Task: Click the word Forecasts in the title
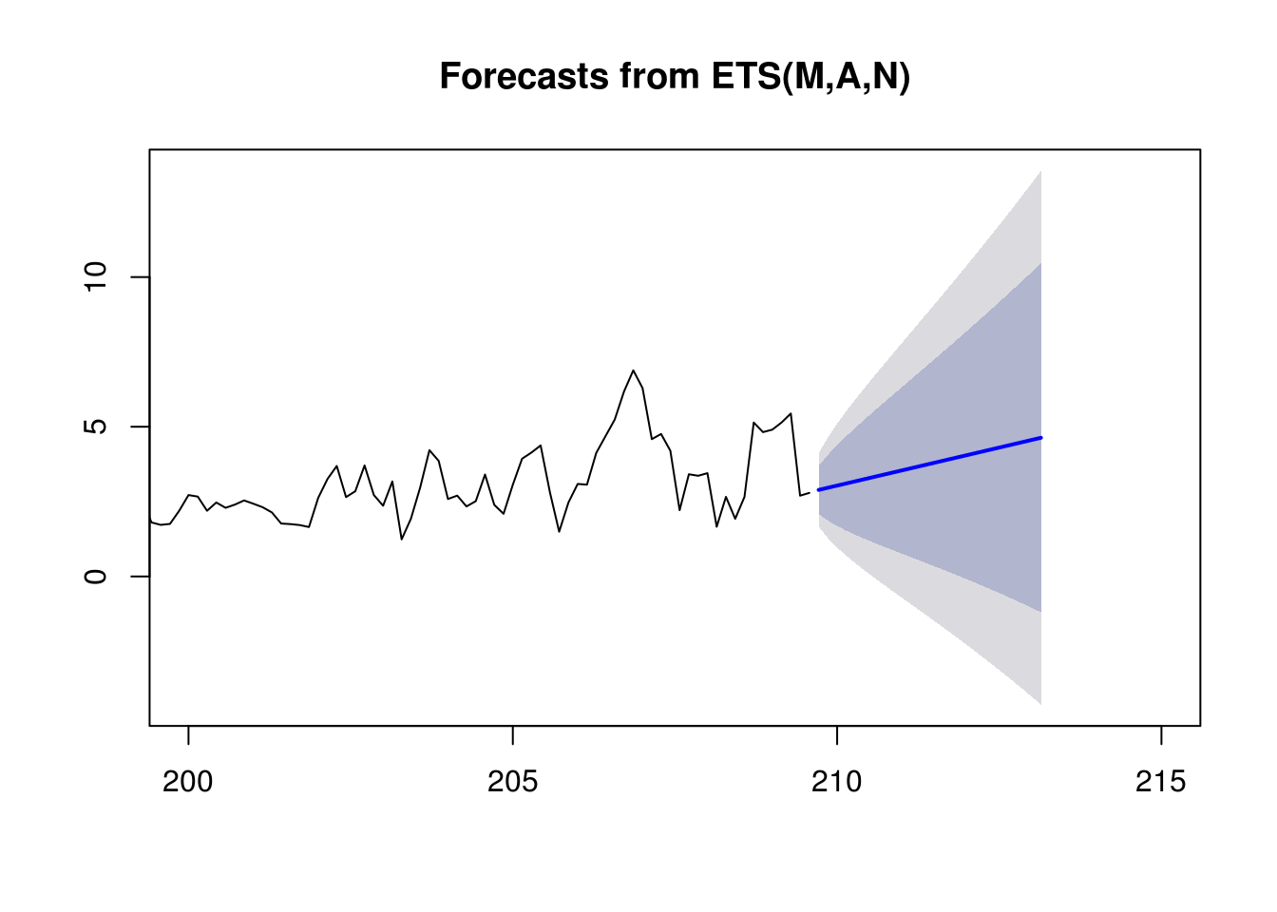click(x=524, y=76)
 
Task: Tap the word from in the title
click(x=659, y=76)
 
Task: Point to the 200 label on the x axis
click(x=187, y=782)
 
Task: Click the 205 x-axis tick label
click(x=512, y=782)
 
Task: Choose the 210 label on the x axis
click(x=836, y=782)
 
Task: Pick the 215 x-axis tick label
click(x=1161, y=782)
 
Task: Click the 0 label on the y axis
click(x=95, y=577)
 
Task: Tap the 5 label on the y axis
click(x=95, y=427)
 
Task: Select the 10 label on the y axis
click(x=95, y=277)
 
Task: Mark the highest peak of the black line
click(x=633, y=370)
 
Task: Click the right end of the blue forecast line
click(x=1041, y=438)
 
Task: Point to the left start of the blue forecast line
click(x=819, y=489)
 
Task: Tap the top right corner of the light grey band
click(x=1041, y=170)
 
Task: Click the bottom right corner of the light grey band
click(x=1041, y=705)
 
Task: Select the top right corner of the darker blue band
click(x=1041, y=263)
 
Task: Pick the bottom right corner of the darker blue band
click(x=1041, y=612)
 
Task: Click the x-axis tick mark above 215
click(x=1161, y=735)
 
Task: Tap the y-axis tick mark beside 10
click(x=141, y=277)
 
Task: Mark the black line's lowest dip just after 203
click(x=402, y=539)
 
